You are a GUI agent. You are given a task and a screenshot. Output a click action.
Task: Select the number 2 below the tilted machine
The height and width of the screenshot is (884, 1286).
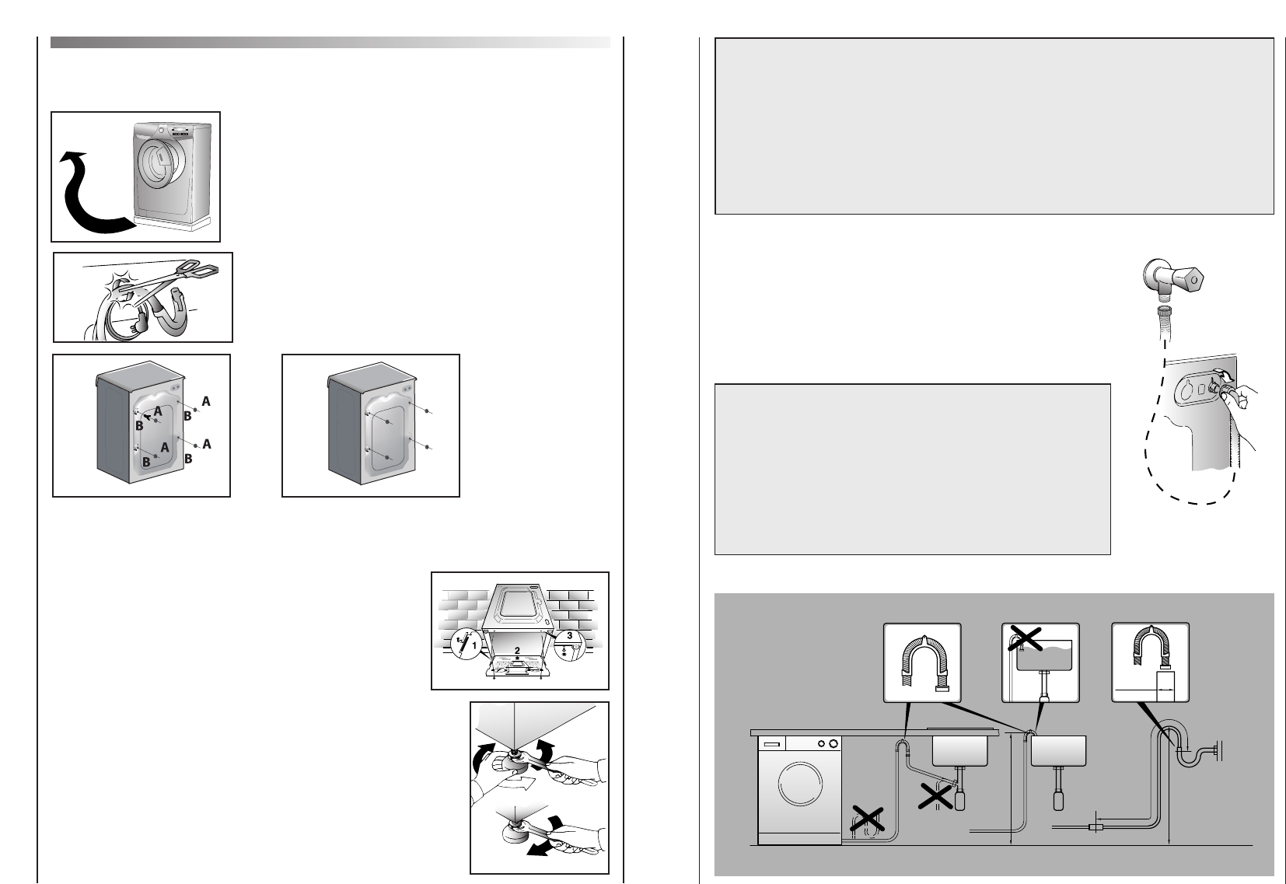tap(517, 651)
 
